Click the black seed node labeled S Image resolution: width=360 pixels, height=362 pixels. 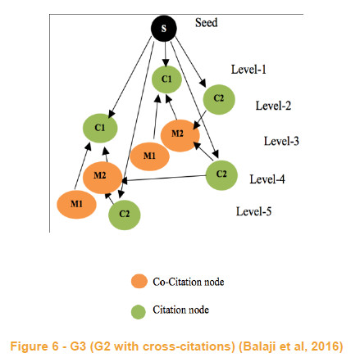coord(164,29)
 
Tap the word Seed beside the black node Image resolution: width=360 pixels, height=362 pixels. coord(207,23)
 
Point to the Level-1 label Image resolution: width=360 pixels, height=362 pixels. coord(248,70)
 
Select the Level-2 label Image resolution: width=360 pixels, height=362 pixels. coord(273,106)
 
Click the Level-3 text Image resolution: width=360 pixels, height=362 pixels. coord(281,141)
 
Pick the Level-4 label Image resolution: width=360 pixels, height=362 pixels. coord(267,179)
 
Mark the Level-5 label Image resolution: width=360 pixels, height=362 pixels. coord(253,211)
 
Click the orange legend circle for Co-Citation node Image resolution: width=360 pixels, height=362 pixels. coord(139,281)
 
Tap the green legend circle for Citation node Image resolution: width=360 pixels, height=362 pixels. coord(139,312)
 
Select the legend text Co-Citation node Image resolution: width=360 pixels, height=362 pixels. coord(189,282)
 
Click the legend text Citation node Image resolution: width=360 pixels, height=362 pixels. coord(180,310)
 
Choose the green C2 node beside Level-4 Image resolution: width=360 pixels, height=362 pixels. coord(221,175)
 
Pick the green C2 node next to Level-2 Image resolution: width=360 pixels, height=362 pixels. coord(219,99)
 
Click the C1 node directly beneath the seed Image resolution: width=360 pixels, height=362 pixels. coord(166,79)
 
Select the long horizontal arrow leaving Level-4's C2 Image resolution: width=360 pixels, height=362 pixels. coord(164,179)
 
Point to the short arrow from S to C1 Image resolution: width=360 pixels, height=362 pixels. coord(165,53)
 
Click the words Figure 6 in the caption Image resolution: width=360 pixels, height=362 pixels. coord(34,346)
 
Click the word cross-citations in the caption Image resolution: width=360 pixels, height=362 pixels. coord(188,346)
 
